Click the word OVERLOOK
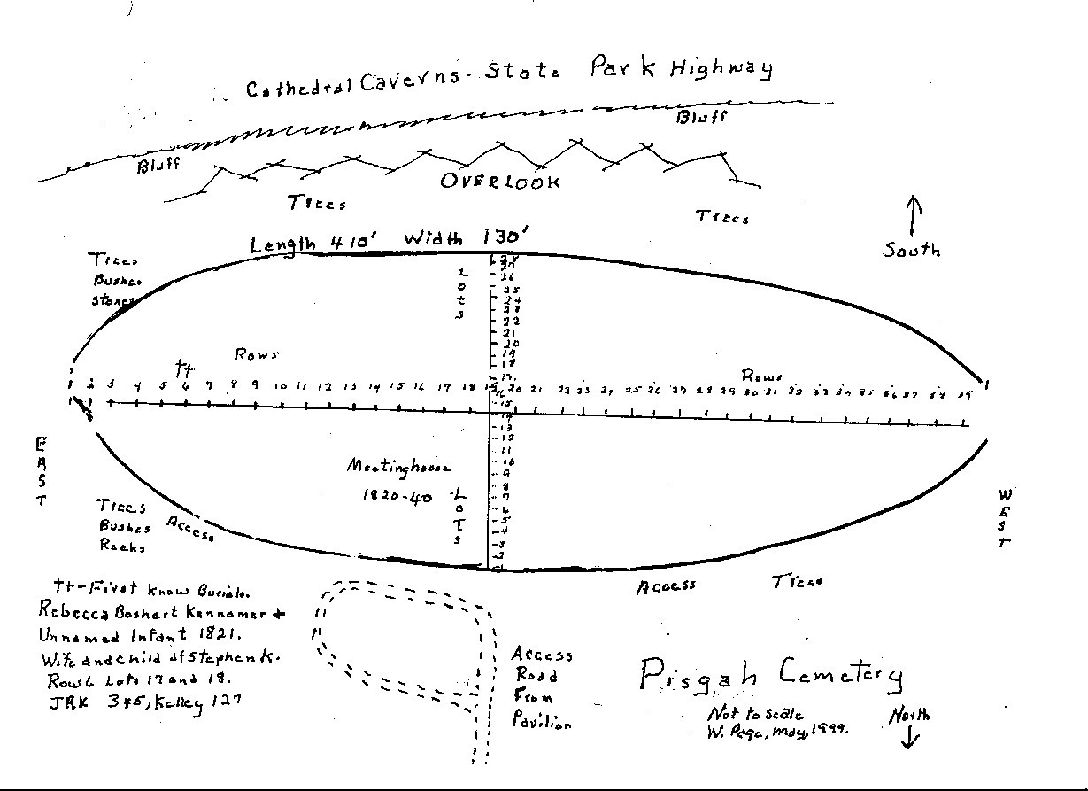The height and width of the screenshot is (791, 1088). pos(500,182)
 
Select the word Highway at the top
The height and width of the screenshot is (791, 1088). pos(721,68)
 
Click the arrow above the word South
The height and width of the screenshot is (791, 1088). pos(914,215)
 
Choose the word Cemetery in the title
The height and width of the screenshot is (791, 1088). pos(841,678)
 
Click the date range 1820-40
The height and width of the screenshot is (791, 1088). pos(397,497)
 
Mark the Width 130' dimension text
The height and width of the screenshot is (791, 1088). pos(466,238)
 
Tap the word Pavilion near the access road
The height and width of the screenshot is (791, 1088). pos(542,721)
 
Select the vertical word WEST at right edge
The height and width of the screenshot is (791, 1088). pos(1006,518)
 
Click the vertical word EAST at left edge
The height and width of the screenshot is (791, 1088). pos(41,470)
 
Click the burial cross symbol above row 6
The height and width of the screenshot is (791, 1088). pos(184,367)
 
